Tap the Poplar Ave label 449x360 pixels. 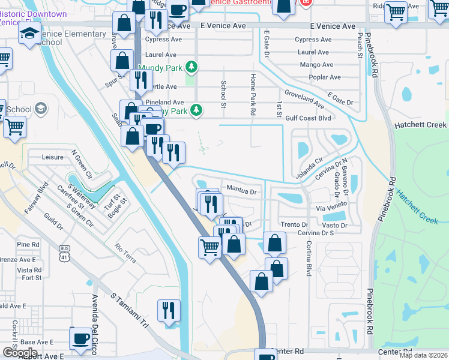point(325,77)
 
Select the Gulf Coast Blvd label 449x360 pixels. point(309,118)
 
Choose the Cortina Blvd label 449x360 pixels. point(309,258)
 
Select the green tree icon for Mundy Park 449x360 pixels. point(191,67)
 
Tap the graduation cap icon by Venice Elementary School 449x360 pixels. point(28,37)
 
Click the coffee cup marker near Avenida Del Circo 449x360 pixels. point(80,338)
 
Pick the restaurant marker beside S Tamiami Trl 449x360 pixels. point(169,311)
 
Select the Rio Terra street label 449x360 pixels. point(126,252)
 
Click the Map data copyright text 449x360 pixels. point(423,355)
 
